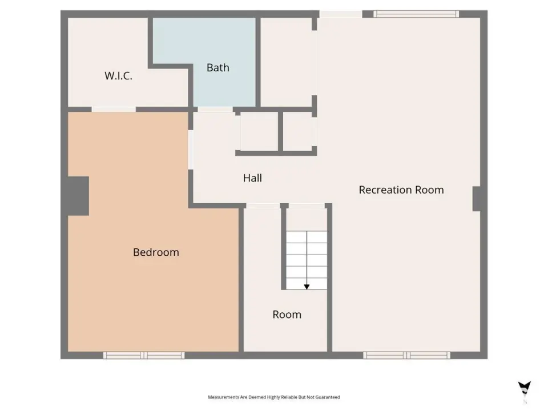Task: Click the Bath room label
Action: coord(217,67)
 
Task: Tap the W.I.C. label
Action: coord(119,76)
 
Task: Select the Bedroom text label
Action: coord(156,252)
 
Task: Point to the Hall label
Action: coord(252,178)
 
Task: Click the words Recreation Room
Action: coord(401,190)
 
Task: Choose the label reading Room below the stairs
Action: coord(287,315)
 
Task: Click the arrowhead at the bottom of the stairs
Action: coord(307,287)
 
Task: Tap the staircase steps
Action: coord(307,260)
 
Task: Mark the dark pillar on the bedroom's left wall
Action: coord(78,196)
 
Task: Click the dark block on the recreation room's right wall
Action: coord(477,199)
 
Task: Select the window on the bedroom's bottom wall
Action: coord(144,356)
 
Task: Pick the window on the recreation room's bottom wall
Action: coord(407,356)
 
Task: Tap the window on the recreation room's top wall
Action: coord(416,14)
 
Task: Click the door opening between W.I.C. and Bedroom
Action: coord(114,110)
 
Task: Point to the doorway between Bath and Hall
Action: coord(215,110)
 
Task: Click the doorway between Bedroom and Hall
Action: coord(191,150)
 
